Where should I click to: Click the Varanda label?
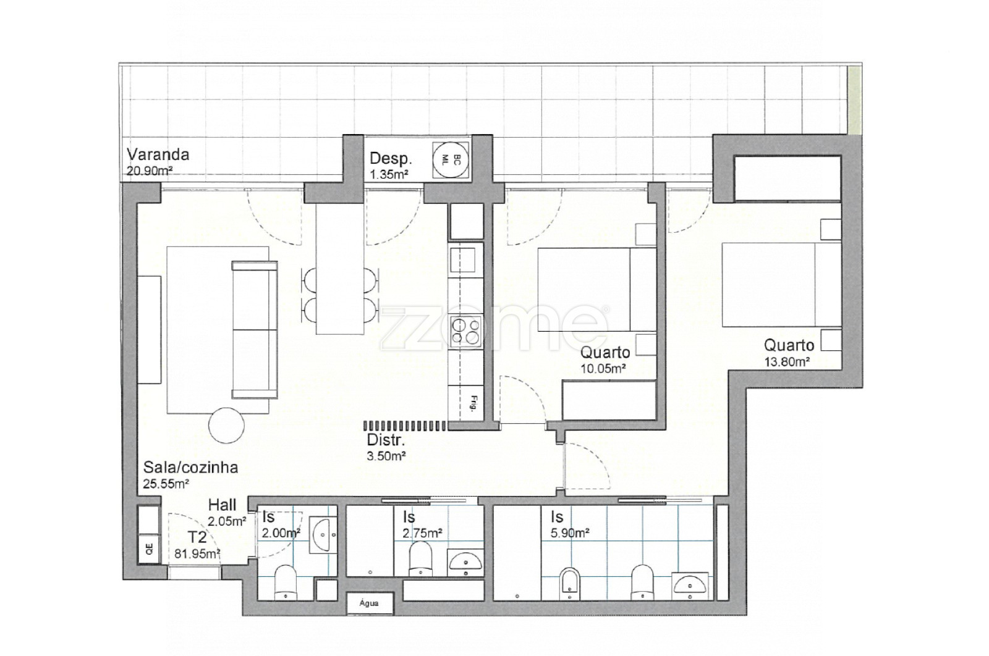click(x=158, y=154)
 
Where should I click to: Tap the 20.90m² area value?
click(x=149, y=170)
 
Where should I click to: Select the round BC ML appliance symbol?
click(x=451, y=160)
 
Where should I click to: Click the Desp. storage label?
click(x=390, y=158)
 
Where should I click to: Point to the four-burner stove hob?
click(x=465, y=332)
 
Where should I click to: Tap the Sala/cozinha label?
click(x=191, y=467)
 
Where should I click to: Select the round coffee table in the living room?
click(x=226, y=425)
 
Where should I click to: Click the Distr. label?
click(x=386, y=440)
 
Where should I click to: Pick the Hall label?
click(x=222, y=505)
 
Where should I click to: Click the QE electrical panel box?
click(x=149, y=549)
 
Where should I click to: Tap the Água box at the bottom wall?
click(x=369, y=603)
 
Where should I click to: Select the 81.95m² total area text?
click(x=197, y=553)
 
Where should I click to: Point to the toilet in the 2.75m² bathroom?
click(x=420, y=558)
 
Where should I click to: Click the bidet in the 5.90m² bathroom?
click(x=571, y=584)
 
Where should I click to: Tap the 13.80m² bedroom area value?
click(x=787, y=362)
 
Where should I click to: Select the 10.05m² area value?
click(x=603, y=368)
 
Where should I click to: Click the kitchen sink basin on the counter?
click(x=462, y=260)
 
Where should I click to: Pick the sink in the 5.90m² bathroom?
click(x=690, y=586)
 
